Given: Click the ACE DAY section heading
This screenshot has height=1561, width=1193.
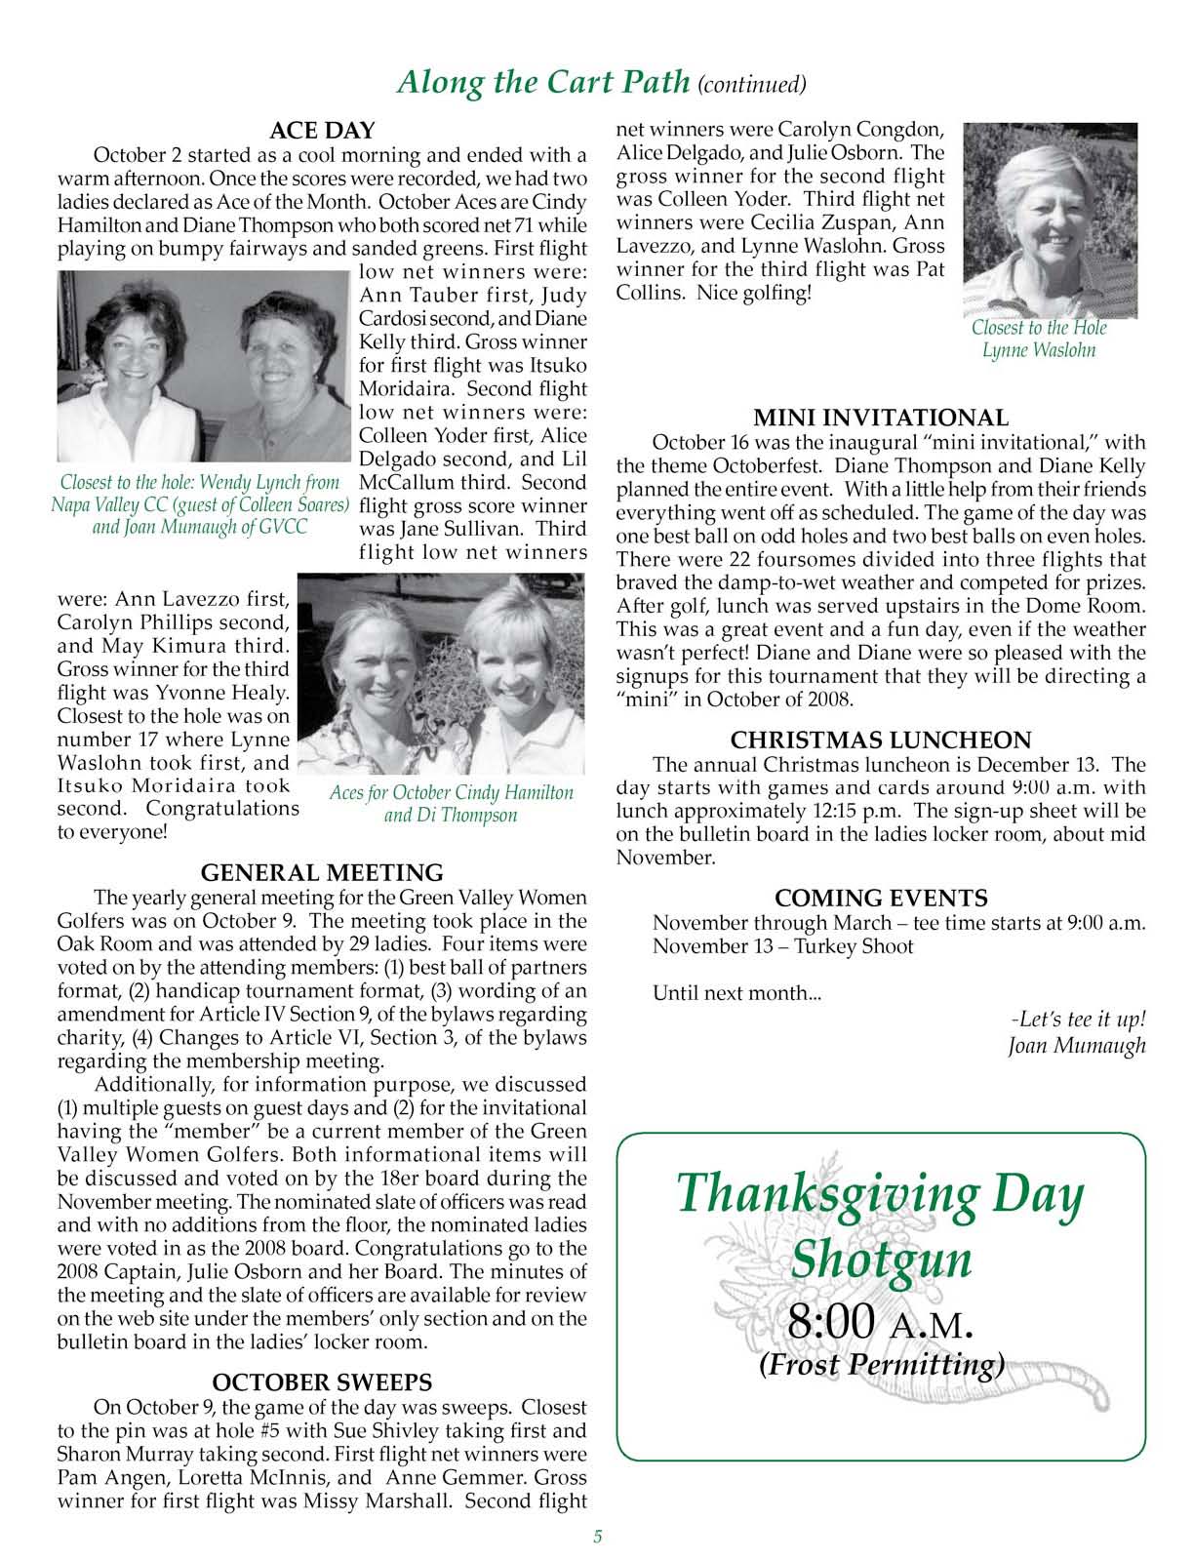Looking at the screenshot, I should pyautogui.click(x=322, y=131).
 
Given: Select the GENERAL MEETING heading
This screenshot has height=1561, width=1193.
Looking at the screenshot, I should pyautogui.click(x=322, y=872).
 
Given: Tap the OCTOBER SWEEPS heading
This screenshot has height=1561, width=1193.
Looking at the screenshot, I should pyautogui.click(x=322, y=1382).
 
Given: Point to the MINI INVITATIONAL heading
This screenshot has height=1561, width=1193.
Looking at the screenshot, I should pyautogui.click(x=882, y=419).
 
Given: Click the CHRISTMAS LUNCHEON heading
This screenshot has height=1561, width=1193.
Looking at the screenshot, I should pyautogui.click(x=881, y=740).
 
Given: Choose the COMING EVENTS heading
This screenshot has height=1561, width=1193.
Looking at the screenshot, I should pyautogui.click(x=881, y=898).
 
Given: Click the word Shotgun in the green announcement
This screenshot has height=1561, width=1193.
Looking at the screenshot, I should pyautogui.click(x=882, y=1259).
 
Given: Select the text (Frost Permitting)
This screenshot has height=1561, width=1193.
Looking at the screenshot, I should pyautogui.click(x=881, y=1364).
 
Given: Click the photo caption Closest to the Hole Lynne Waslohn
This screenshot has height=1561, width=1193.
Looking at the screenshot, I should pyautogui.click(x=1039, y=339).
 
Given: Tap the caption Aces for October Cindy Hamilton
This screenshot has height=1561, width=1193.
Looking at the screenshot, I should pyautogui.click(x=451, y=792).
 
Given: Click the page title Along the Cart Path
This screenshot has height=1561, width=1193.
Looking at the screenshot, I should pyautogui.click(x=544, y=82).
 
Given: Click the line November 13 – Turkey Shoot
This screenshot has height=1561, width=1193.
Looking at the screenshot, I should pyautogui.click(x=782, y=946).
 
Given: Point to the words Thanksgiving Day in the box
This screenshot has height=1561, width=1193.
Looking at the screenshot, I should pyautogui.click(x=881, y=1193).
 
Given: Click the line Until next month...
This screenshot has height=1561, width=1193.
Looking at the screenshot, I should pyautogui.click(x=736, y=994).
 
